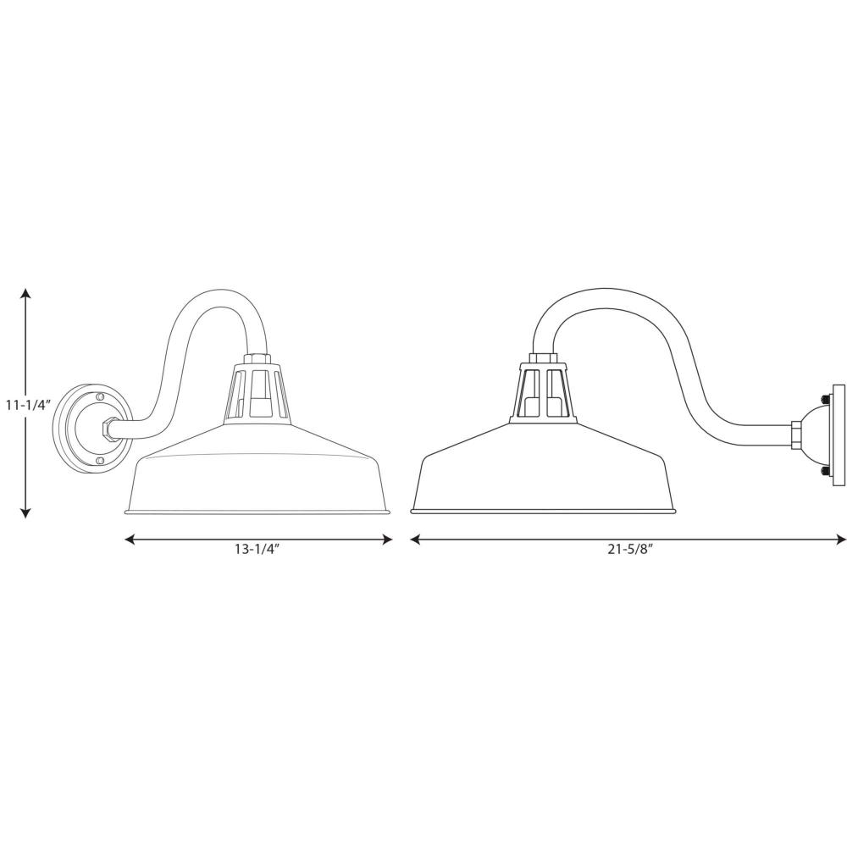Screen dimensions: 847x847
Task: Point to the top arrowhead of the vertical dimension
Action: pyautogui.click(x=25, y=293)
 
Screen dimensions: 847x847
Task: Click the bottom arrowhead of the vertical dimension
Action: pyautogui.click(x=25, y=513)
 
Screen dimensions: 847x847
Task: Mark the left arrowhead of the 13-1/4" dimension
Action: pyautogui.click(x=130, y=539)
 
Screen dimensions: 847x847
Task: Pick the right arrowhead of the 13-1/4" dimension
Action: pyautogui.click(x=387, y=539)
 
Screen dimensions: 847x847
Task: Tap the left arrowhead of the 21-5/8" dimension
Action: pyautogui.click(x=415, y=539)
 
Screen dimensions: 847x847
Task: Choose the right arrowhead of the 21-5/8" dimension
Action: pyautogui.click(x=841, y=539)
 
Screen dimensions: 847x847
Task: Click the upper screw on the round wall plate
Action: pyautogui.click(x=99, y=397)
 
